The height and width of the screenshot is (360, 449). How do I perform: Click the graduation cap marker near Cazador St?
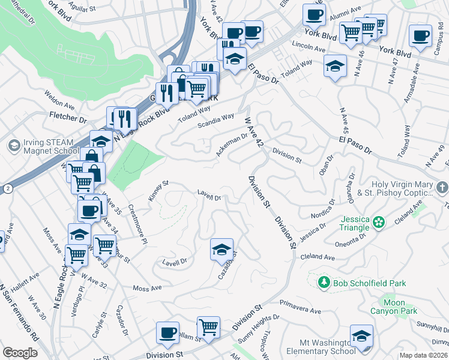(x=221, y=250)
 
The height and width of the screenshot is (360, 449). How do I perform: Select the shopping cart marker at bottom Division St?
(x=208, y=328)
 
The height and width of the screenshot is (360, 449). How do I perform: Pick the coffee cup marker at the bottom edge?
(x=167, y=333)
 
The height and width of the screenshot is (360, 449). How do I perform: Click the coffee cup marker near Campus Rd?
(x=420, y=36)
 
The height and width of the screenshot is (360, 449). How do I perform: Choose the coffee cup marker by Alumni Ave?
(x=314, y=14)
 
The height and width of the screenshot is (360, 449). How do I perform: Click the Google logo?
(x=20, y=353)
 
